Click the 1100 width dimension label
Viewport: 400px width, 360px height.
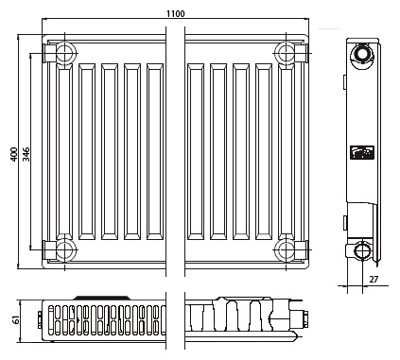tap(176, 14)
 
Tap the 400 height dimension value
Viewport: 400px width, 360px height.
tap(14, 154)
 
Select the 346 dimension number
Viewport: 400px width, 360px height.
tap(26, 154)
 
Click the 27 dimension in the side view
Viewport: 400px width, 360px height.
tap(374, 279)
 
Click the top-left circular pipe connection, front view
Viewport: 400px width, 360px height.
tap(65, 53)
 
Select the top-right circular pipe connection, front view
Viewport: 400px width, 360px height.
tap(286, 53)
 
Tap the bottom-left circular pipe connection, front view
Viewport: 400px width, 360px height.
tap(65, 250)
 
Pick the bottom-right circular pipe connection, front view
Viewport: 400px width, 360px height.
tap(286, 250)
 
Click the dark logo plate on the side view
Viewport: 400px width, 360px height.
tap(362, 153)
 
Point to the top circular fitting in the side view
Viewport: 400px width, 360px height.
tap(362, 55)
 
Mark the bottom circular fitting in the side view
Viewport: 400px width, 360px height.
tap(362, 250)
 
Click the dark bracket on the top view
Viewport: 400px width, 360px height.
tap(101, 298)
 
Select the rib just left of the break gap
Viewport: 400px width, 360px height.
tap(155, 152)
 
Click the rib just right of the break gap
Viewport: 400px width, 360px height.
tap(196, 152)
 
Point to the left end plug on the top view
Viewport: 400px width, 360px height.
tap(40, 319)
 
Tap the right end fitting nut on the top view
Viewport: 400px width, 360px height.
tap(304, 319)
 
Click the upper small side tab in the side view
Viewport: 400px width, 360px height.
tap(345, 81)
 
